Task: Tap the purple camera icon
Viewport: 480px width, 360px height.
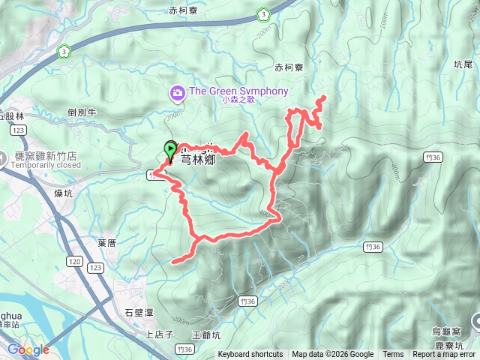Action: pos(178,93)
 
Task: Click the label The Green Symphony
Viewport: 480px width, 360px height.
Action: pos(238,91)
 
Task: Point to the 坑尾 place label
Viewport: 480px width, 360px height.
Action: pos(464,65)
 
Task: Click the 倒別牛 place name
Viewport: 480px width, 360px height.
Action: pos(82,112)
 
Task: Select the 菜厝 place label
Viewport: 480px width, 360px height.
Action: pos(106,244)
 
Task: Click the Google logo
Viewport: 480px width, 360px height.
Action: pos(28,349)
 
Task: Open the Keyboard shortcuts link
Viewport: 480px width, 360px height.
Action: pos(250,355)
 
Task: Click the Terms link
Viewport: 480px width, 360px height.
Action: pos(393,355)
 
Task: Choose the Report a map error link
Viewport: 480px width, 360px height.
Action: pos(444,355)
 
